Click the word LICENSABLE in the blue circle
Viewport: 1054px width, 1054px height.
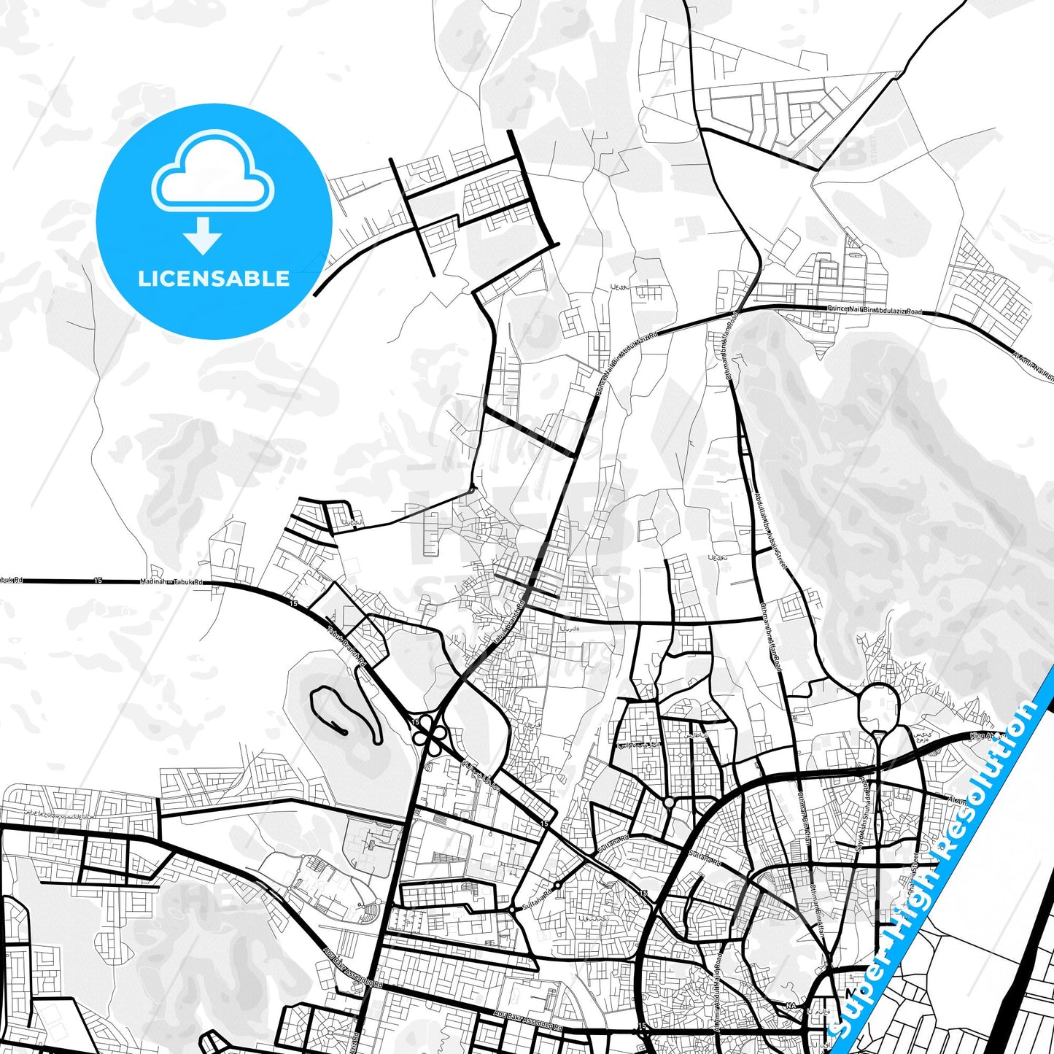[214, 279]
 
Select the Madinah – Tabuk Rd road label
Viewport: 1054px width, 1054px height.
[171, 582]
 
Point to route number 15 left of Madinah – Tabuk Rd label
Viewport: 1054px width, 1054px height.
[98, 581]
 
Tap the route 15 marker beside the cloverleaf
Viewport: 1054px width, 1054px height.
[415, 721]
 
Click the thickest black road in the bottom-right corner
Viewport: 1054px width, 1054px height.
[1021, 970]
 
